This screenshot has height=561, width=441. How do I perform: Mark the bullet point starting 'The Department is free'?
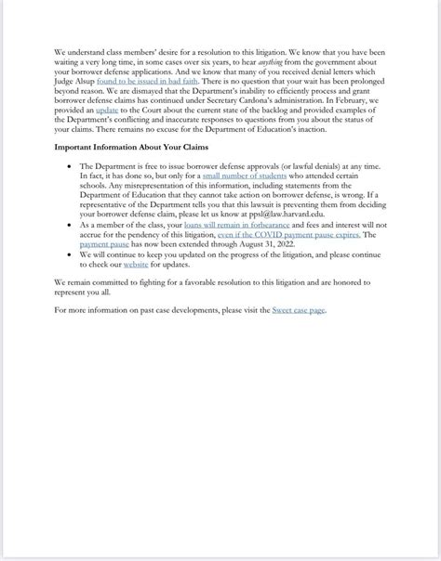pyautogui.click(x=71, y=163)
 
